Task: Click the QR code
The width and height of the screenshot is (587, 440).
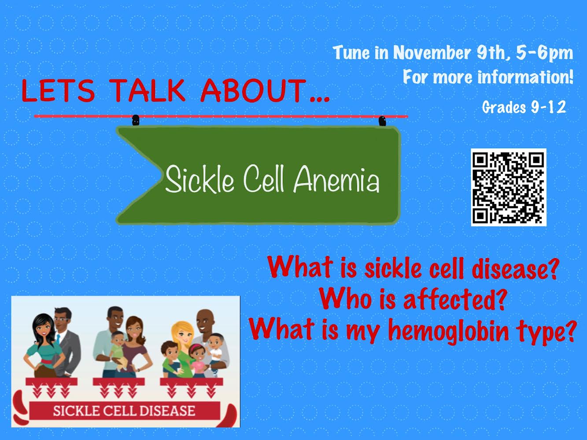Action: point(508,187)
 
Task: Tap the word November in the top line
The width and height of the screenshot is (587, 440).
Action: point(432,53)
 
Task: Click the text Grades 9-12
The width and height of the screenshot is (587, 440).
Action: point(524,107)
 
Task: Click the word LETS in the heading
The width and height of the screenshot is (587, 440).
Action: point(58,90)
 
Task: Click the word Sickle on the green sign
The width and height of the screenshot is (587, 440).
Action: point(199,179)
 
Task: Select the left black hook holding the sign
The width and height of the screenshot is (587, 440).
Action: point(136,120)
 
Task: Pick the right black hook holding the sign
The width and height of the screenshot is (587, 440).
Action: point(382,121)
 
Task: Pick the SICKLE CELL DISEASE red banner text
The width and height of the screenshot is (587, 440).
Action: point(124,411)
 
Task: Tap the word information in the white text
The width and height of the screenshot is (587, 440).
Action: point(525,77)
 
